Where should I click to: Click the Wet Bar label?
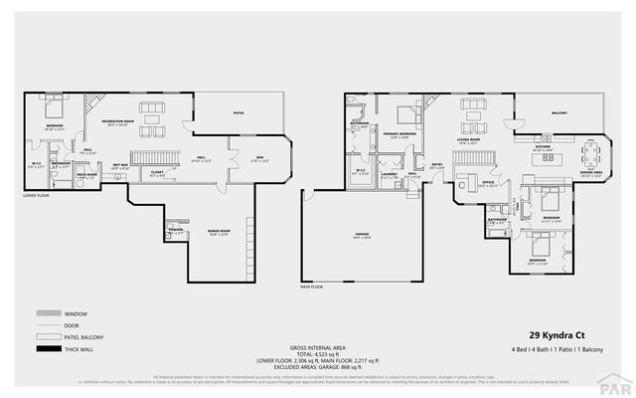(119, 167)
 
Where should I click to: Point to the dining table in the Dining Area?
(593, 153)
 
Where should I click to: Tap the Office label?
(488, 183)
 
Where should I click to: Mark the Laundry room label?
(389, 175)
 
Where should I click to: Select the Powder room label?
(177, 231)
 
